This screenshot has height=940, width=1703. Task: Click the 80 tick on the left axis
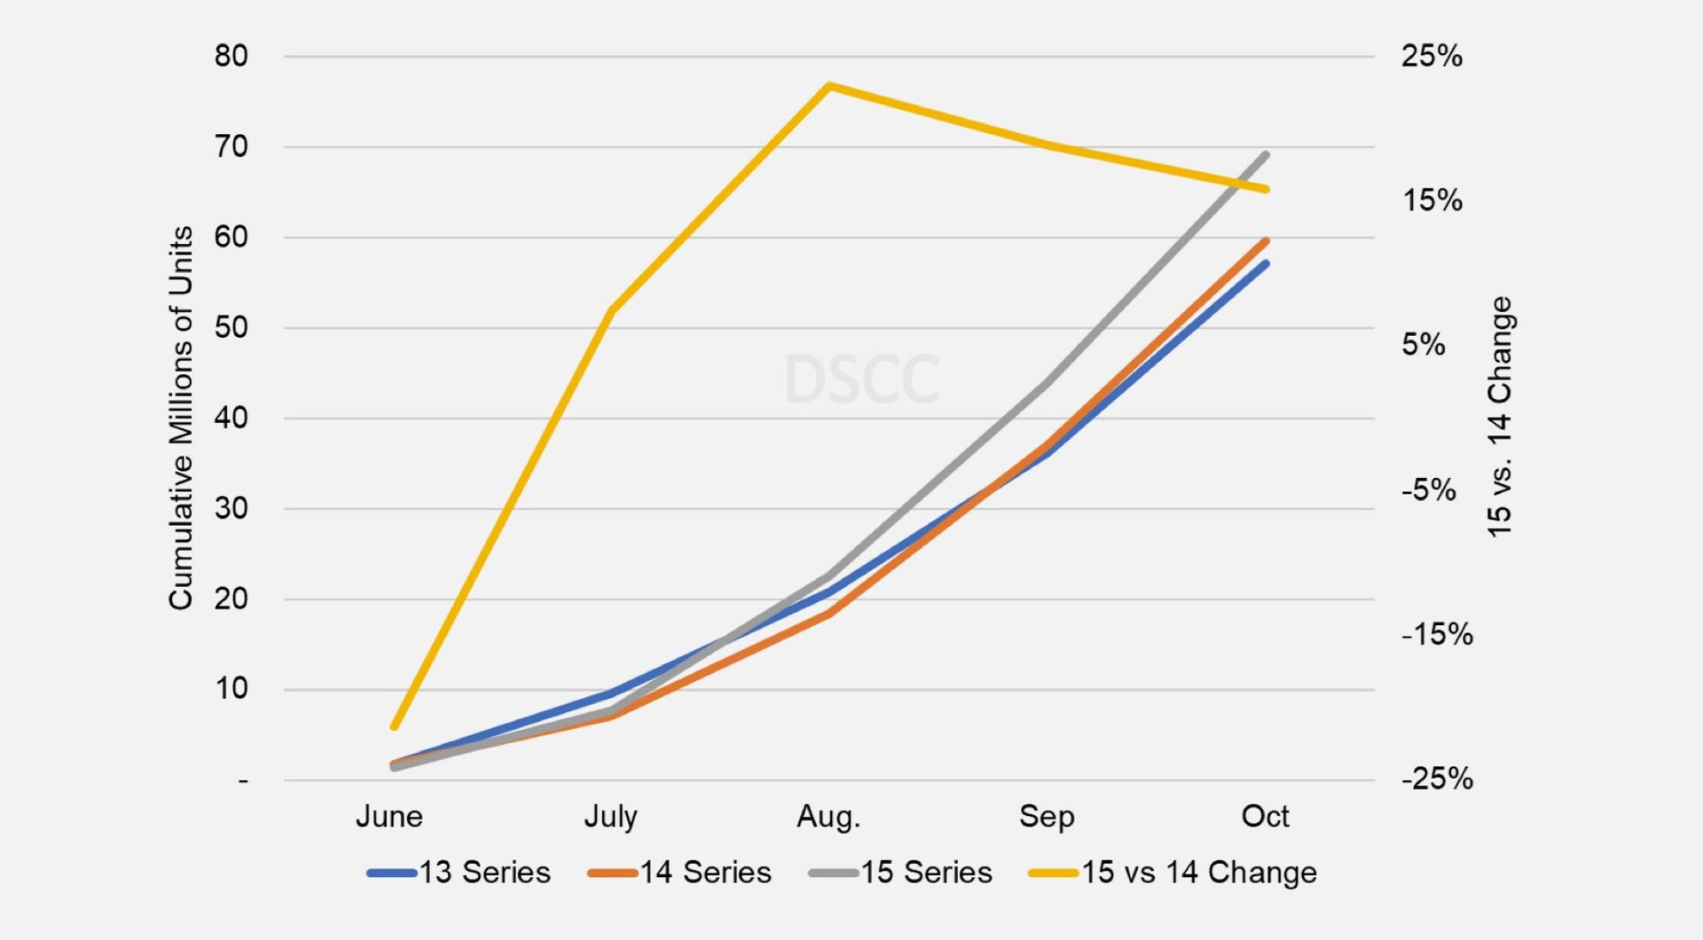point(231,57)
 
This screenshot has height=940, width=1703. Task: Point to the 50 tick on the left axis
point(231,328)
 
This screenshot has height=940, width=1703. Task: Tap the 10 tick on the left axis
point(231,689)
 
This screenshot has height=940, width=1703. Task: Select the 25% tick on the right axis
point(1432,57)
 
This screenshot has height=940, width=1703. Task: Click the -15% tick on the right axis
point(1437,635)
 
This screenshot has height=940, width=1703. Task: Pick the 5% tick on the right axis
point(1423,345)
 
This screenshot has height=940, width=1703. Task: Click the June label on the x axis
point(389,817)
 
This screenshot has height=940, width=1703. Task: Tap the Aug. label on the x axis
point(828,817)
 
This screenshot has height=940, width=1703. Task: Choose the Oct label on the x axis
point(1265,817)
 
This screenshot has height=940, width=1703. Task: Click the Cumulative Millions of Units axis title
point(181,418)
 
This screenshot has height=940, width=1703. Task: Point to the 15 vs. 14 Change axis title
point(1500,417)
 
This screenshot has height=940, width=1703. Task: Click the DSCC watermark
point(861,380)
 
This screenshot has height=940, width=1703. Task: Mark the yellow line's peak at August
point(828,86)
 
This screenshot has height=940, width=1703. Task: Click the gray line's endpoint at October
point(1266,155)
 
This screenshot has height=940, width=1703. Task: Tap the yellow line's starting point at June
point(395,727)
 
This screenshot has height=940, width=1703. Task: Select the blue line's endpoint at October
point(1266,263)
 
